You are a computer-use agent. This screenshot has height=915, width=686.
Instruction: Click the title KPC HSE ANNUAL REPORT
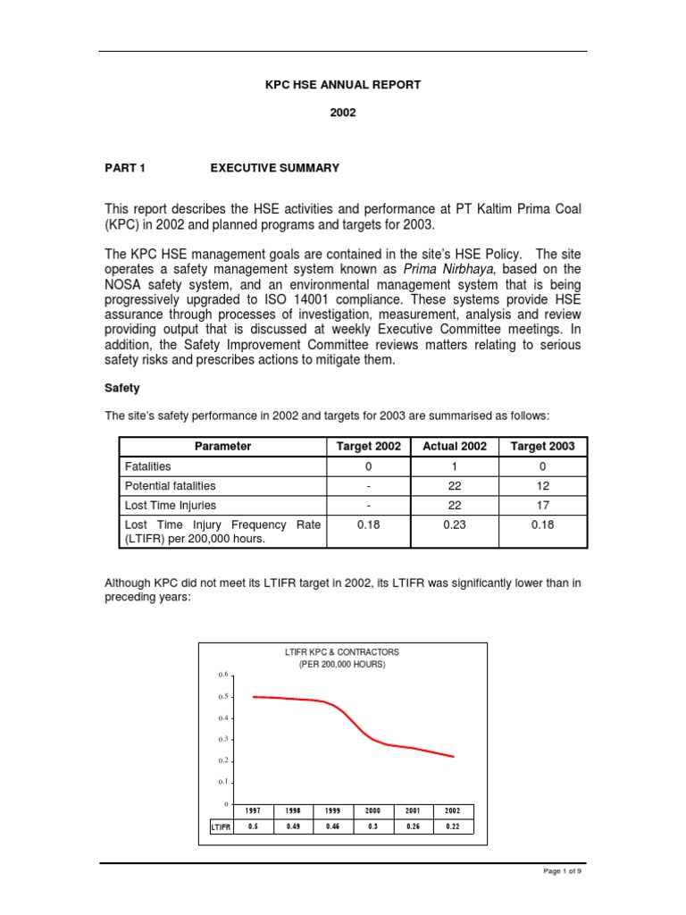[x=342, y=85]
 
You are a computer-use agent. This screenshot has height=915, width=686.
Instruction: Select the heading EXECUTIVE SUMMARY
[x=274, y=167]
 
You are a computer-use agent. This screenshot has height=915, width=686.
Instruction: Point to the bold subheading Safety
[x=122, y=389]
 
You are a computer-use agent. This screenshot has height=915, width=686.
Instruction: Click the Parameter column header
[x=223, y=446]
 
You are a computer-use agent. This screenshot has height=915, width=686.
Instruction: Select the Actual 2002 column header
[x=455, y=446]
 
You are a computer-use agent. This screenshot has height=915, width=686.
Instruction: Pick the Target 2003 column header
[x=542, y=446]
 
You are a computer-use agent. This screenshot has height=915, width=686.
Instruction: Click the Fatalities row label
[x=148, y=466]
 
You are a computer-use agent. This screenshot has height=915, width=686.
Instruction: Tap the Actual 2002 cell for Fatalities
[x=455, y=466]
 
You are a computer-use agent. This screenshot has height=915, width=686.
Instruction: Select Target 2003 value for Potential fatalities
[x=542, y=486]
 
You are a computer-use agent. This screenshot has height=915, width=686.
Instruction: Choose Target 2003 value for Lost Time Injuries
[x=542, y=506]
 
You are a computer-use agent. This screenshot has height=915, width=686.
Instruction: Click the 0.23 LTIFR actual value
[x=455, y=525]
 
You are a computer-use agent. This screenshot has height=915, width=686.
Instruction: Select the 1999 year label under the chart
[x=332, y=810]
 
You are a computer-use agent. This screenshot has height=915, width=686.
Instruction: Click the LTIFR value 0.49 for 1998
[x=293, y=827]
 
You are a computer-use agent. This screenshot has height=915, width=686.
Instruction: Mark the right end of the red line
[x=454, y=757]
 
